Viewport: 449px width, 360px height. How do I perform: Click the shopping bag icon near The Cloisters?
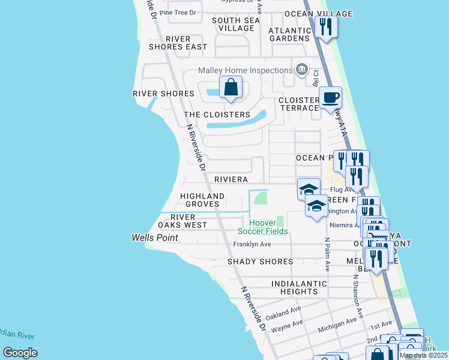click(231, 88)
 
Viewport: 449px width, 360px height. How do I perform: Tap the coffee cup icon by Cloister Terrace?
click(329, 97)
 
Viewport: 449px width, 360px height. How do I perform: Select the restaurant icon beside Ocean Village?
click(326, 27)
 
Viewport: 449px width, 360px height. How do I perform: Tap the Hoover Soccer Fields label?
click(263, 227)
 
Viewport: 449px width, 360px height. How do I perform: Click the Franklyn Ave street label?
click(252, 244)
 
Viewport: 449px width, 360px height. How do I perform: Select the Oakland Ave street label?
click(283, 314)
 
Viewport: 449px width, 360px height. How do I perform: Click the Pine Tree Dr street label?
click(178, 12)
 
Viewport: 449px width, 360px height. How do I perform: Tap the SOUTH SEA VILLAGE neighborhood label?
click(236, 24)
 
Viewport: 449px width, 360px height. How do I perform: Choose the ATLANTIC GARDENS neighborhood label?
click(289, 34)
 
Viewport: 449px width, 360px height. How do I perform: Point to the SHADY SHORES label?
click(260, 262)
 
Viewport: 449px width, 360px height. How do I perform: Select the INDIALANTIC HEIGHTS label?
click(299, 287)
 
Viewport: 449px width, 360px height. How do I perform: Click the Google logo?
click(20, 353)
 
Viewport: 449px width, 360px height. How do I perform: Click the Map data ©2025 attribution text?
click(423, 355)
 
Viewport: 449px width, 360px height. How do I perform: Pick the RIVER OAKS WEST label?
click(182, 221)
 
